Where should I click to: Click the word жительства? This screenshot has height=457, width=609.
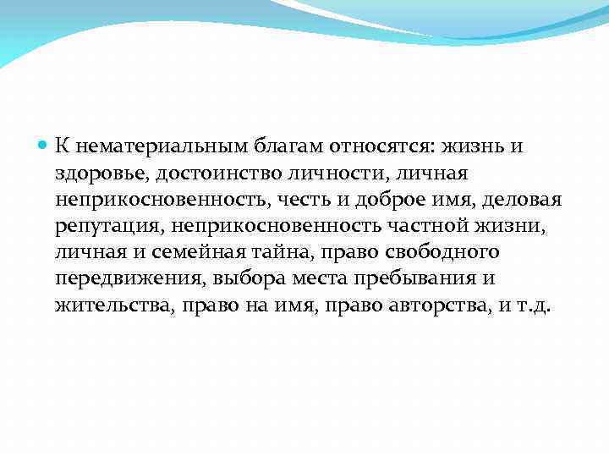pos(112,306)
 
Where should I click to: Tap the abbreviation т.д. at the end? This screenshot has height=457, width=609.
pos(533,306)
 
